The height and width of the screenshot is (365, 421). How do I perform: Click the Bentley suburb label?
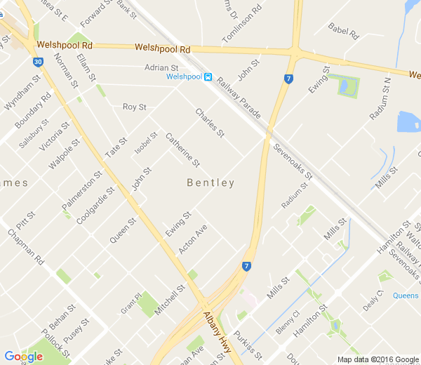[210, 182]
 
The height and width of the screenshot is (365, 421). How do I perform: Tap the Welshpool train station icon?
[208, 77]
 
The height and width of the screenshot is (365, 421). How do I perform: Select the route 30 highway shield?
[37, 62]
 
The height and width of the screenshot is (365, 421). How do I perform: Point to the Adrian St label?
[162, 67]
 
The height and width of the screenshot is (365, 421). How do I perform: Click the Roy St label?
[134, 107]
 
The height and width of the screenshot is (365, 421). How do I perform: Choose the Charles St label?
[209, 123]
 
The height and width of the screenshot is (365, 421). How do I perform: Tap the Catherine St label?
[183, 150]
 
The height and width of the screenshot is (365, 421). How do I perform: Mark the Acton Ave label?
[192, 239]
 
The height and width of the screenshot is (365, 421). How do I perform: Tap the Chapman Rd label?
[26, 247]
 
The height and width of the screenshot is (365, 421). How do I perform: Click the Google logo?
[23, 356]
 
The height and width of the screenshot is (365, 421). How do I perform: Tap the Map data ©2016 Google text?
[377, 359]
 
